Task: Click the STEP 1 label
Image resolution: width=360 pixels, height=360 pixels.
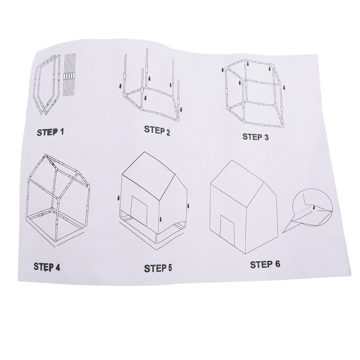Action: (50, 132)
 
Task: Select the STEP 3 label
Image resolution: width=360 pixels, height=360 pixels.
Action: (256, 137)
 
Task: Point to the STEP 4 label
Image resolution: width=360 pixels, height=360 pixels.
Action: (47, 267)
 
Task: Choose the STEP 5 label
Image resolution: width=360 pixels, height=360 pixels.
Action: (158, 268)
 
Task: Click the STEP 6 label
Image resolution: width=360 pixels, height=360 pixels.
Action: (265, 264)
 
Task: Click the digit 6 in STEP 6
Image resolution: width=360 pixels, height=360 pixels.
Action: (277, 264)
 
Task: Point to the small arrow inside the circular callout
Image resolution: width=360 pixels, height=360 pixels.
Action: (314, 207)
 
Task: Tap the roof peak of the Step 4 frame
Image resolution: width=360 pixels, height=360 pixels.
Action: (46, 155)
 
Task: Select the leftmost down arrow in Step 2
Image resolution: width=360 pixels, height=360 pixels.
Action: (120, 86)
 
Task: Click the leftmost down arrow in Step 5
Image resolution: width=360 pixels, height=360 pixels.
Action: (119, 198)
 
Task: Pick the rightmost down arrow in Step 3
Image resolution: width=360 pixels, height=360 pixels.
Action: (284, 88)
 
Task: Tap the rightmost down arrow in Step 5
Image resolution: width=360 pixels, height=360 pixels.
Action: (188, 206)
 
